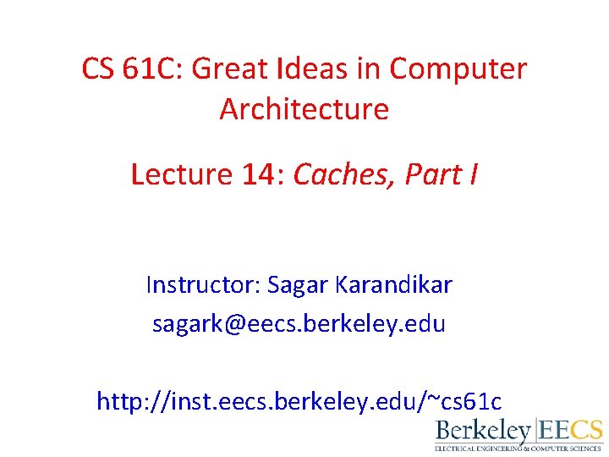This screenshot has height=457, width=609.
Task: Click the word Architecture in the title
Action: point(304,109)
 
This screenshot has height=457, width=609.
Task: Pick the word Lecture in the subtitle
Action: point(181,174)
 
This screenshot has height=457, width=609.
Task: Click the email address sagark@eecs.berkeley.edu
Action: point(299,324)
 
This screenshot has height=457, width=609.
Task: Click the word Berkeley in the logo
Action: point(482,431)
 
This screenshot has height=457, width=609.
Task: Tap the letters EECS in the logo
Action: point(573,430)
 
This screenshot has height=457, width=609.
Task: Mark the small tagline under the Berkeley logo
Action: point(518,449)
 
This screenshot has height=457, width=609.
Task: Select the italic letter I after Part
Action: point(473,174)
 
